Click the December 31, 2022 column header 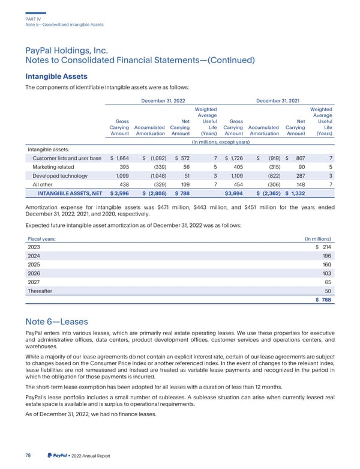coord(163,101)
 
